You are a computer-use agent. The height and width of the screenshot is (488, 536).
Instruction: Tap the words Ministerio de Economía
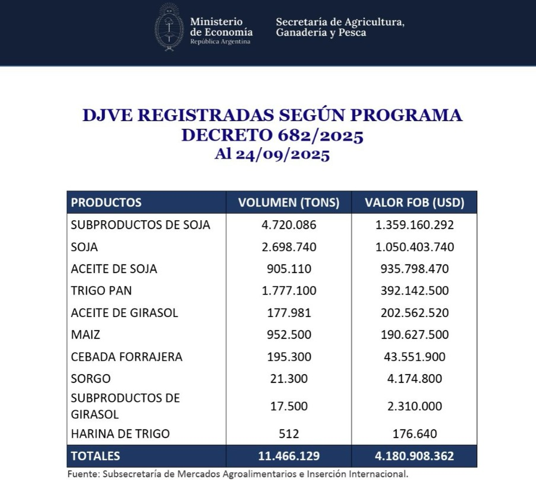coord(221,27)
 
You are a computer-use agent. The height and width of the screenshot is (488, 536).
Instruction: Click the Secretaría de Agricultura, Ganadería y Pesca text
coord(340,27)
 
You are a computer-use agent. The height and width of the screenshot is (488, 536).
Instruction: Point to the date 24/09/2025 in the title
coord(283,154)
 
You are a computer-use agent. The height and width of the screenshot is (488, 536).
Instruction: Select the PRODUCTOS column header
coord(106,203)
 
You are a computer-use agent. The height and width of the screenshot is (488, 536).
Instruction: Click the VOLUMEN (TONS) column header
coord(289,203)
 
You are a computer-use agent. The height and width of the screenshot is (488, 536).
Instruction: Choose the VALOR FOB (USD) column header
coord(415,203)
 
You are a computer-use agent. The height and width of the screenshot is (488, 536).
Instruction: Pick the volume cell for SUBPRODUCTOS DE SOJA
coord(289,225)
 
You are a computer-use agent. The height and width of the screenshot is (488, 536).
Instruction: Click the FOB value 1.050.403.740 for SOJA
coord(415,247)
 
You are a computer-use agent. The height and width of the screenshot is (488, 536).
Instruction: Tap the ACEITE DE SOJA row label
coord(114,269)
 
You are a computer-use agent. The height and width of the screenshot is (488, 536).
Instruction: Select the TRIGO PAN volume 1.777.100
coord(289,291)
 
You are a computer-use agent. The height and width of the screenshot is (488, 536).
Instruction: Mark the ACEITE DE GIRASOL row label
coord(124,313)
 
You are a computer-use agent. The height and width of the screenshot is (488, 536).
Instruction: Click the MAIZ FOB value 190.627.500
coord(415,335)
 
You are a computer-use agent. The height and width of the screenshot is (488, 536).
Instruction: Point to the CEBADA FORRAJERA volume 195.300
coord(289,357)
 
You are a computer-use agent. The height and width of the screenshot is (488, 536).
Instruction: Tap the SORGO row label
coord(91,379)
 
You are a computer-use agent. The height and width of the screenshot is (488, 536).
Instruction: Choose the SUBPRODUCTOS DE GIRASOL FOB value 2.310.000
coord(415,406)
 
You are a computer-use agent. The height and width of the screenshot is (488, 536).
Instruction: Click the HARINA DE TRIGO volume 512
coord(289,434)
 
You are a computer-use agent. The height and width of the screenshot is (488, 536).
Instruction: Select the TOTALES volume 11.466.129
coord(289,456)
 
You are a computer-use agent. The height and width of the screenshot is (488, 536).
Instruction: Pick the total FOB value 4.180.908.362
coord(415,456)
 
